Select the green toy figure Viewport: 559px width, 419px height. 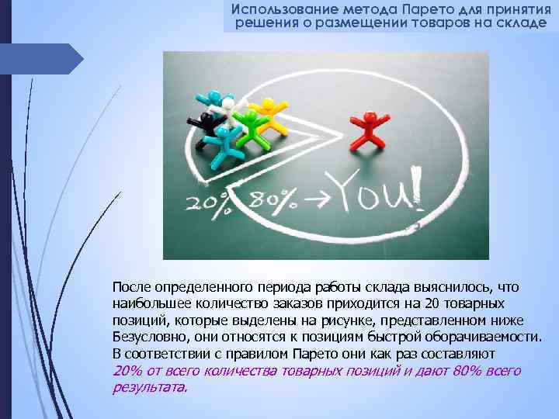coord(249,125)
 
